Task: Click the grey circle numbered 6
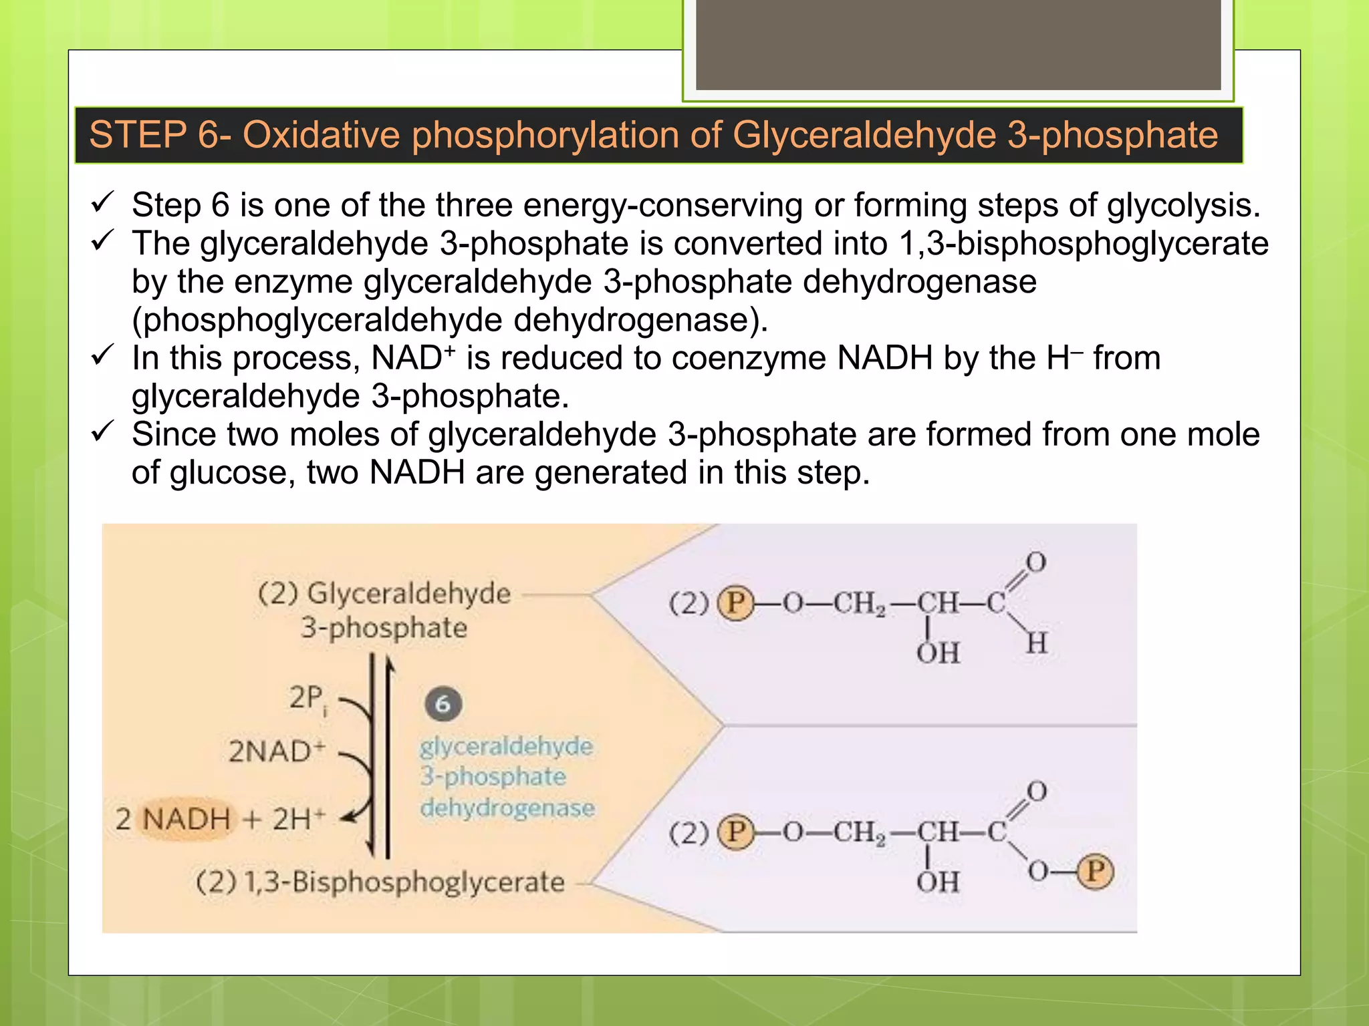[443, 704]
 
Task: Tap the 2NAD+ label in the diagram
[276, 751]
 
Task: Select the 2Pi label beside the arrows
[308, 699]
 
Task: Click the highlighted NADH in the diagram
[186, 819]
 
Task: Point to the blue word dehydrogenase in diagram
[507, 808]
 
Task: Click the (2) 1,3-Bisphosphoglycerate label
[380, 882]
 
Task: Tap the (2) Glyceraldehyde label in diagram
[384, 593]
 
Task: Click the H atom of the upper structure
[1036, 644]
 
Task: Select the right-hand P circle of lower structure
[1095, 872]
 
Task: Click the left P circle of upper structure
[735, 603]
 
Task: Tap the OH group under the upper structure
[937, 653]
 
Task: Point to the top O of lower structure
[1036, 792]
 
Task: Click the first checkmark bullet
[103, 202]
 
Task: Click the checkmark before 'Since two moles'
[103, 432]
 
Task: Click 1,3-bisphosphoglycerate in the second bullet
[1084, 243]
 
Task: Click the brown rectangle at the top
[958, 44]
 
